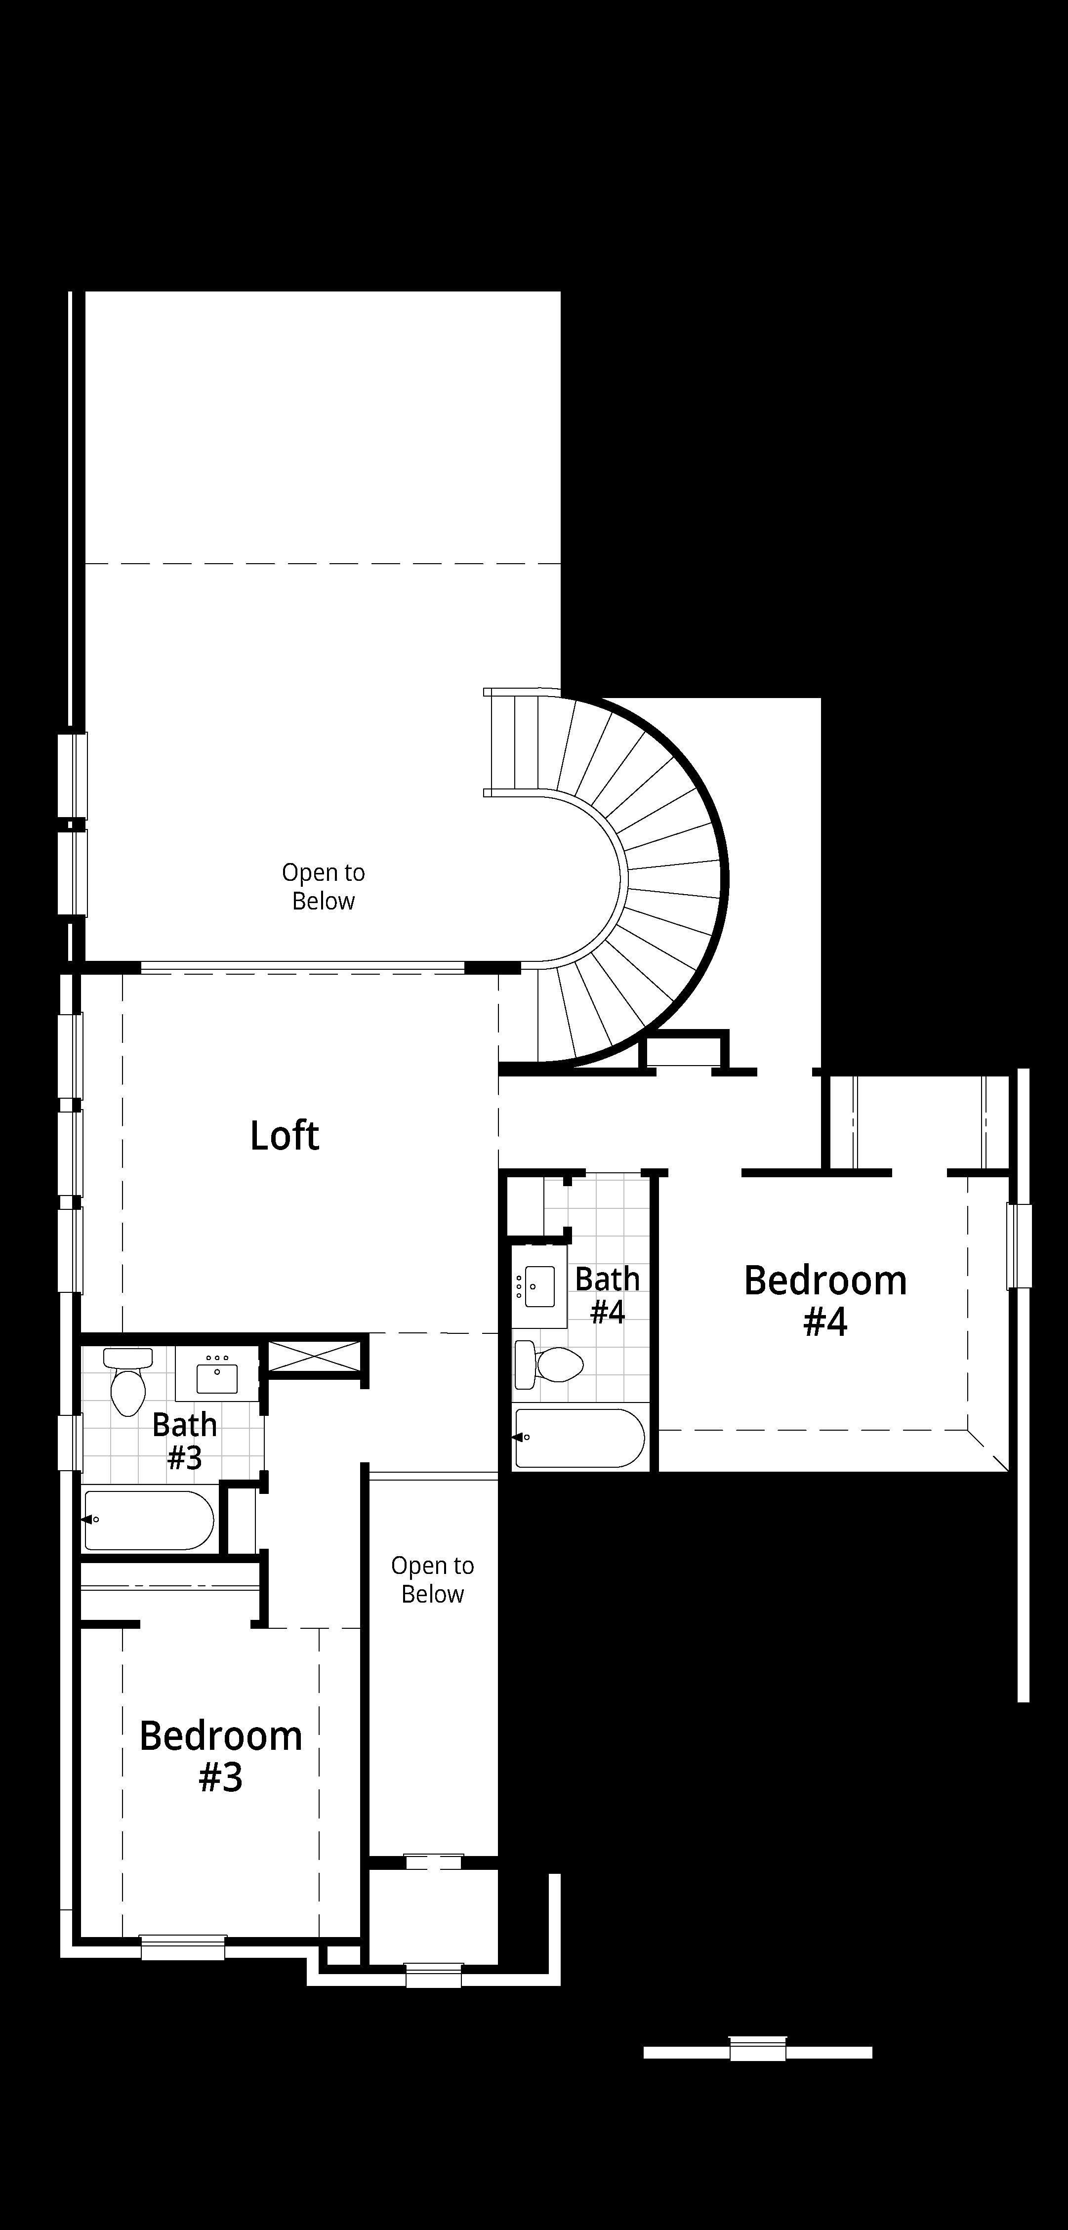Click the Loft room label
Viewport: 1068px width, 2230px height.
point(285,1136)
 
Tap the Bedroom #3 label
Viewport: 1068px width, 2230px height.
point(221,1756)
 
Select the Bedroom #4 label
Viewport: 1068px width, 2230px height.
point(825,1300)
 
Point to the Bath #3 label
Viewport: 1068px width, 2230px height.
point(184,1442)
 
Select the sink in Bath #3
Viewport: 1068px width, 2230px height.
point(217,1373)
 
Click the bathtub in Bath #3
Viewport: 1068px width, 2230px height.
point(149,1519)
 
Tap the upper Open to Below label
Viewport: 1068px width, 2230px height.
point(324,886)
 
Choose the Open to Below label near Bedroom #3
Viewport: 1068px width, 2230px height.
point(433,1580)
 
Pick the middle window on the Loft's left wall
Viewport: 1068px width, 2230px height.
point(70,1153)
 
